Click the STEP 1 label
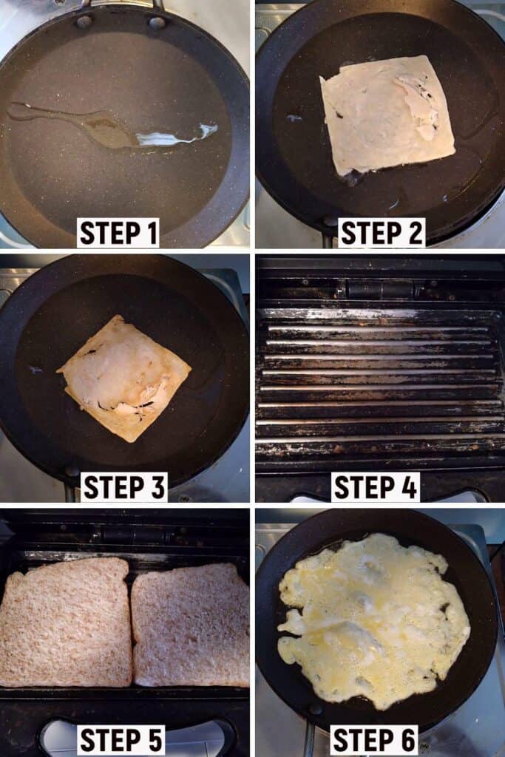118,233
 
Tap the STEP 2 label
382,233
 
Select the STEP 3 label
124,486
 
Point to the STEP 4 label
376,486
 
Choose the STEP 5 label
121,740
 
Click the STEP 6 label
374,740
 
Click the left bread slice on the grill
66,622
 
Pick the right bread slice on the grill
190,626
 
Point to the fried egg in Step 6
374,620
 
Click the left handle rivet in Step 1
84,21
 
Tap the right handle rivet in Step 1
157,22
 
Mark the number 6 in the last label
407,740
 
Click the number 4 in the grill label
408,486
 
